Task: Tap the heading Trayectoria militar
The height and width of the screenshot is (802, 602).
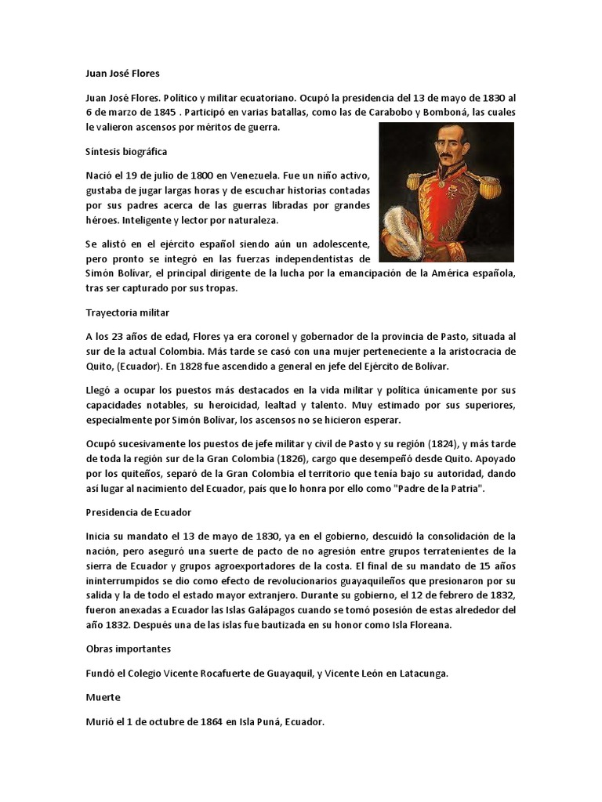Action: tap(127, 312)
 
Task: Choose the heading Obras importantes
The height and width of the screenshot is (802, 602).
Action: tap(128, 649)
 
